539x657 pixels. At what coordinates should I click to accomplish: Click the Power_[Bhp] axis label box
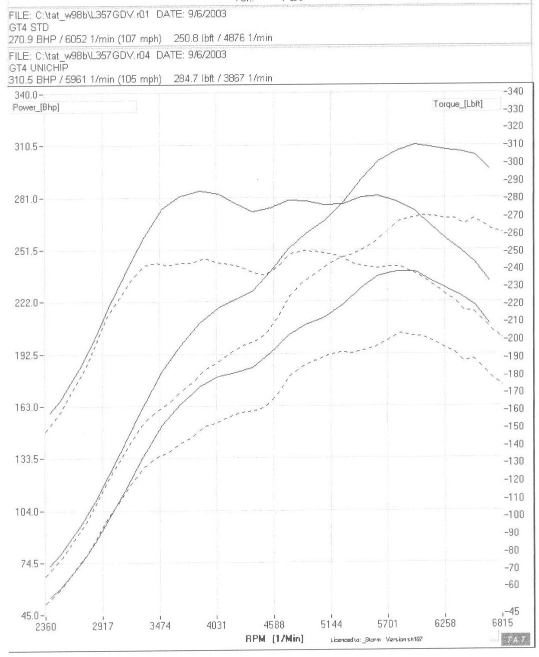click(36, 107)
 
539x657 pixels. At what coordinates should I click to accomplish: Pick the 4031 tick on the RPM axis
click(217, 625)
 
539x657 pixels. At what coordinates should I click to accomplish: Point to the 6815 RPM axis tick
click(502, 623)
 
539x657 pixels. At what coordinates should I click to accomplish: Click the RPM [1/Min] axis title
click(274, 638)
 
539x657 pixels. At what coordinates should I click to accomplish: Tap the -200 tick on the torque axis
click(513, 338)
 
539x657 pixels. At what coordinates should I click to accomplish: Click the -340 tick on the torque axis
click(513, 91)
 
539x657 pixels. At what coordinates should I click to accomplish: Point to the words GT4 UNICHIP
click(39, 67)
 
